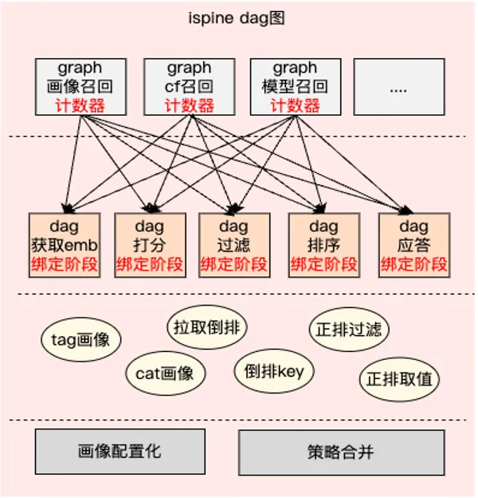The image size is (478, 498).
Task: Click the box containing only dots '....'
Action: [x=398, y=86]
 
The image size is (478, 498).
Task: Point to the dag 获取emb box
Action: [x=64, y=245]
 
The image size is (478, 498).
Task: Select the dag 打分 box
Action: [x=150, y=245]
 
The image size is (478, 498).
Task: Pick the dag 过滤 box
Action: [x=233, y=245]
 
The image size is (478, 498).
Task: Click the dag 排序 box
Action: [x=323, y=245]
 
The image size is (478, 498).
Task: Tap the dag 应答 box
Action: [x=413, y=245]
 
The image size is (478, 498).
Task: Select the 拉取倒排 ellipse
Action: [x=207, y=326]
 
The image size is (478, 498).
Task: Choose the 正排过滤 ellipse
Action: [x=349, y=328]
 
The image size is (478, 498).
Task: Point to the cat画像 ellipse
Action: [x=165, y=373]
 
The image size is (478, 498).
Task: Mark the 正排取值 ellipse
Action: [x=399, y=378]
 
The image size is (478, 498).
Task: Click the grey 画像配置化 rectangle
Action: [x=119, y=452]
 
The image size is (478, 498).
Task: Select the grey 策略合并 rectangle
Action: [x=341, y=453]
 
